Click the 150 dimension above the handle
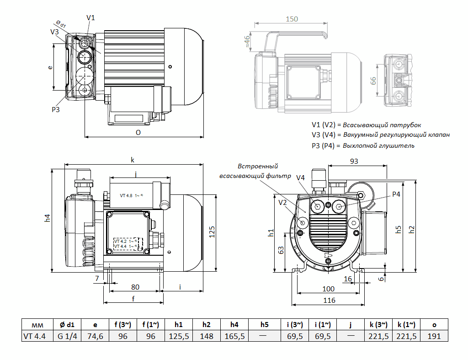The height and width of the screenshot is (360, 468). click(x=291, y=19)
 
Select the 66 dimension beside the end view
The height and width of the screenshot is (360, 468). click(x=373, y=81)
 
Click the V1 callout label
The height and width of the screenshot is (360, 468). click(x=90, y=17)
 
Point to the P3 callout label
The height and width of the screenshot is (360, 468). click(x=55, y=109)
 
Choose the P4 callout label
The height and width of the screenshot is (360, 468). click(x=396, y=194)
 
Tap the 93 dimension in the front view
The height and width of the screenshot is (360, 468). click(x=354, y=161)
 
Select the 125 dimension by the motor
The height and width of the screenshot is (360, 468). click(x=211, y=233)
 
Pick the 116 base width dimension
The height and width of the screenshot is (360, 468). click(x=329, y=300)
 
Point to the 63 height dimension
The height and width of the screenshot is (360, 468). click(x=282, y=250)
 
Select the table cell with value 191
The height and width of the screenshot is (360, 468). click(x=434, y=336)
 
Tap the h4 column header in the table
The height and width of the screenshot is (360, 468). click(x=234, y=324)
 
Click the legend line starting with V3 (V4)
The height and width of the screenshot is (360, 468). click(x=380, y=135)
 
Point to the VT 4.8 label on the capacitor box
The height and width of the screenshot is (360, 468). click(x=127, y=195)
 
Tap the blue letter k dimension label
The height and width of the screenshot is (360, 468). click(x=133, y=160)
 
